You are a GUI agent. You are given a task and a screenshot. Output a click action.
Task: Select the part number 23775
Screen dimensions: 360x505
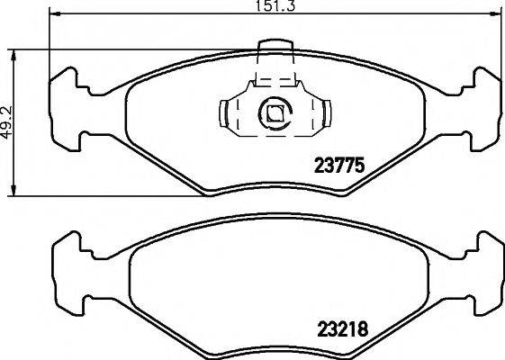(336, 165)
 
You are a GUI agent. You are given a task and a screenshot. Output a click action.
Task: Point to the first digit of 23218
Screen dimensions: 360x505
(318, 330)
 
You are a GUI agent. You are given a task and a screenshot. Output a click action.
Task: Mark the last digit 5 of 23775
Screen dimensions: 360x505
(356, 165)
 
